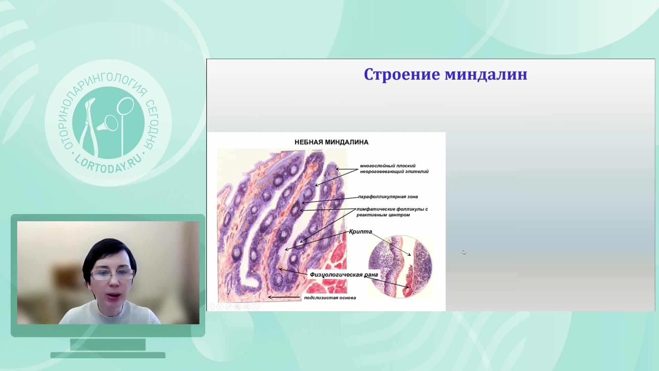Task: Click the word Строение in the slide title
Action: [x=402, y=75]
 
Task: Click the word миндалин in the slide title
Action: [x=486, y=75]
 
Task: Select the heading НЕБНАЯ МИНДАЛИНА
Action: [x=332, y=142]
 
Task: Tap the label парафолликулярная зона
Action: [x=388, y=197]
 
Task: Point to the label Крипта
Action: [x=360, y=232]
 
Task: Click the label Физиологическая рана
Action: [x=344, y=275]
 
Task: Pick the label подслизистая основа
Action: [x=330, y=298]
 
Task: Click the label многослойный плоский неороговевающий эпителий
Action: [x=394, y=169]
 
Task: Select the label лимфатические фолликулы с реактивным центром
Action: [x=392, y=212]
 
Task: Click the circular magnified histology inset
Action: [x=400, y=267]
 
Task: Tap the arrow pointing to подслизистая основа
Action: [x=284, y=297]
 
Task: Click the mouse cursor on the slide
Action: [x=464, y=252]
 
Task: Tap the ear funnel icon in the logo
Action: [x=108, y=124]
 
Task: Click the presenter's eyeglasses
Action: [x=112, y=274]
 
